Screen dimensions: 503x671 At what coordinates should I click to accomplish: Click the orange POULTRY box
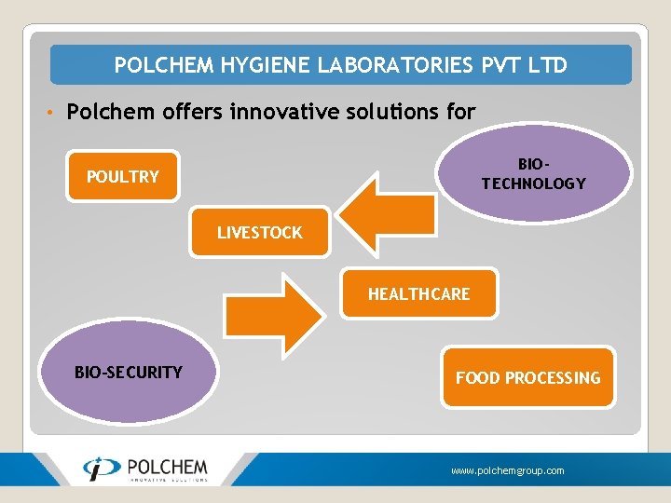pyautogui.click(x=122, y=176)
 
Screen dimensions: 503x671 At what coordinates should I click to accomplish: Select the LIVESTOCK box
pyautogui.click(x=260, y=232)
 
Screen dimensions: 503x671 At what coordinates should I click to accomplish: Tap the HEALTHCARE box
pyautogui.click(x=418, y=293)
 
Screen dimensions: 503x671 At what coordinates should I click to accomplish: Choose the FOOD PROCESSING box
pyautogui.click(x=527, y=377)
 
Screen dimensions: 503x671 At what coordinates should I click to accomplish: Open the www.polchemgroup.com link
pyautogui.click(x=508, y=471)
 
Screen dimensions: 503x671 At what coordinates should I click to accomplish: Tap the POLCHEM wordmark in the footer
pyautogui.click(x=167, y=466)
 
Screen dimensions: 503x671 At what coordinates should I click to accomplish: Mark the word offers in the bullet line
pyautogui.click(x=188, y=112)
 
